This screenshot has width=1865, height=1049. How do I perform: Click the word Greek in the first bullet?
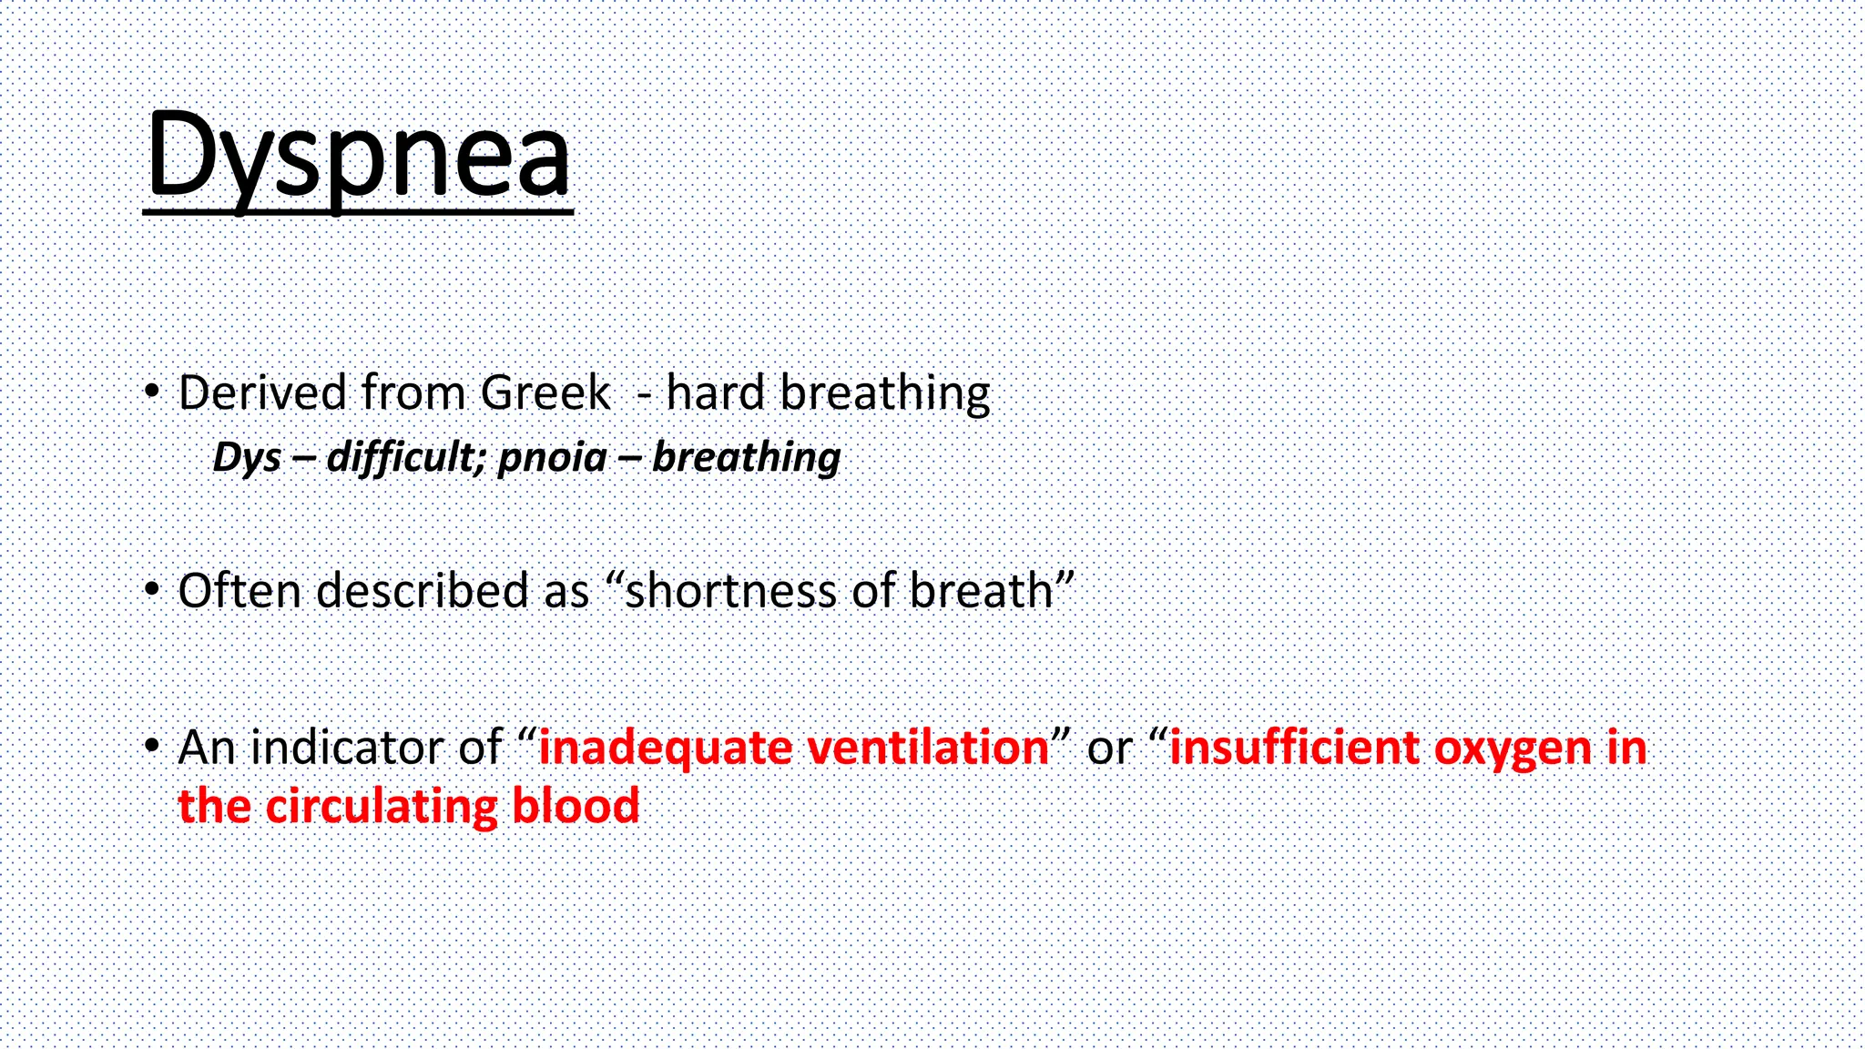pos(545,393)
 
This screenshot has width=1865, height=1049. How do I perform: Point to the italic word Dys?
pos(247,457)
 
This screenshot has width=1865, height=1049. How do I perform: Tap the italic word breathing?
pos(746,457)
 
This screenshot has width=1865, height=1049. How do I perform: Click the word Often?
pos(239,591)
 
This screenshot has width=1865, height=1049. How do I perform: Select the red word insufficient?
pos(1294,748)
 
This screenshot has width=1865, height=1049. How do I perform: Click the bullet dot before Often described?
pos(152,590)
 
